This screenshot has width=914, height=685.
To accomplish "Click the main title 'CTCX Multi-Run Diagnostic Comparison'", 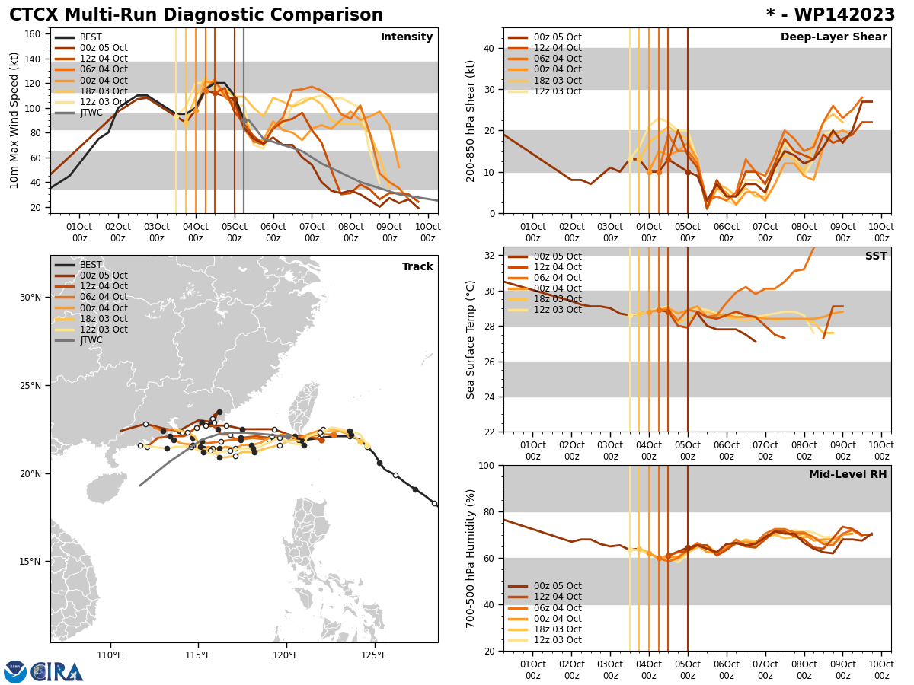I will (196, 15).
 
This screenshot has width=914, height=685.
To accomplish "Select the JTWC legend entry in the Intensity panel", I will (91, 113).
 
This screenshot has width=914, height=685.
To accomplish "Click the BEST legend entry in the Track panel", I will (91, 266).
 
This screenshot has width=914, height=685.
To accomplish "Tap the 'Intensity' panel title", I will (407, 37).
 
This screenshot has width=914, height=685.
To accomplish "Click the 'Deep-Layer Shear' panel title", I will (833, 37).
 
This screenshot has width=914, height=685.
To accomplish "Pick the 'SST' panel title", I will (876, 256).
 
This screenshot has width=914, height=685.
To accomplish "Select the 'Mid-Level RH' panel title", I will (848, 475).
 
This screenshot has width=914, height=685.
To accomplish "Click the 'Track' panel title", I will (417, 267).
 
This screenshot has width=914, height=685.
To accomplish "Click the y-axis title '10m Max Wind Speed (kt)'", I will (14, 120).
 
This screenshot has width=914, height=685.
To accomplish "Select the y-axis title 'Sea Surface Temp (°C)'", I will (471, 339).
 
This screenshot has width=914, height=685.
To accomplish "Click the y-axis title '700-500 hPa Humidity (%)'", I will (471, 558).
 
